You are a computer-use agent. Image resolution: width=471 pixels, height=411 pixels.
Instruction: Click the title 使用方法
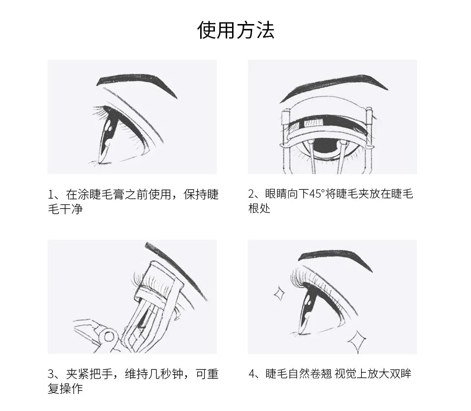click(x=236, y=30)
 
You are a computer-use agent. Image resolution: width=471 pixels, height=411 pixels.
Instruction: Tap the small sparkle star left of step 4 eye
click(x=280, y=293)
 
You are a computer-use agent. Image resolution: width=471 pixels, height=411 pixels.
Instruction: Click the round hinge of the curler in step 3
click(x=109, y=336)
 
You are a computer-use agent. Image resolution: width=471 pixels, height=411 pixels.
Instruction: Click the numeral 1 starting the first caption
click(x=51, y=195)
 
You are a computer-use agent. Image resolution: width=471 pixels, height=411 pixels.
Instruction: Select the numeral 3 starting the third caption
click(x=51, y=374)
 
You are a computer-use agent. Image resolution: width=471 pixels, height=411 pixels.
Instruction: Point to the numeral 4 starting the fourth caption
click(x=252, y=374)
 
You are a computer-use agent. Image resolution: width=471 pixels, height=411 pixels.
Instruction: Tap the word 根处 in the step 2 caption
click(x=260, y=208)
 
